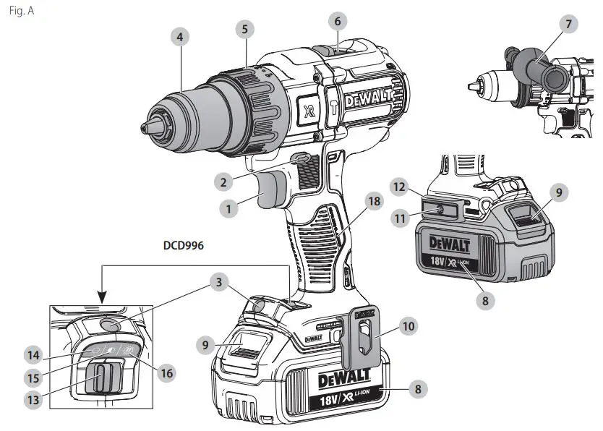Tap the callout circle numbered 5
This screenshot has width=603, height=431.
pyautogui.click(x=245, y=30)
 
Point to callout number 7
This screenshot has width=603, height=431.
pyautogui.click(x=568, y=25)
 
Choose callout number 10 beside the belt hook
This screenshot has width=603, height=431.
pyautogui.click(x=409, y=326)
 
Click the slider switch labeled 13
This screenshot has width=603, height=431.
pyautogui.click(x=101, y=377)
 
